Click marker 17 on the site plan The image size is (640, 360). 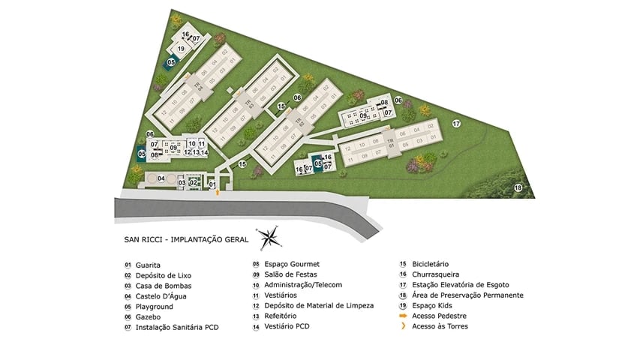[x=455, y=123]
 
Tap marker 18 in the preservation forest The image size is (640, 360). [x=517, y=187]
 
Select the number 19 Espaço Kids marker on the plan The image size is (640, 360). [x=181, y=49]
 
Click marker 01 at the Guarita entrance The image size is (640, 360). [x=212, y=184]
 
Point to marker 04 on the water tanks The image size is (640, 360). [x=161, y=178]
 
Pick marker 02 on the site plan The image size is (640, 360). [x=193, y=182]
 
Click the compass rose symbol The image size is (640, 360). [x=269, y=238]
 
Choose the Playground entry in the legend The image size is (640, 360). [x=154, y=307]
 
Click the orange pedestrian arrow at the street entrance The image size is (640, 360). [x=218, y=193]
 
